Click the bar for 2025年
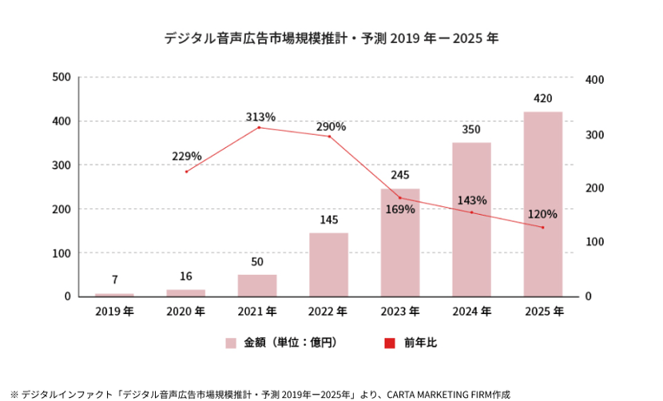coord(542,204)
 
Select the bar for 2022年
coord(329,264)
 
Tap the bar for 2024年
coord(471,220)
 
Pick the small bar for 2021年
coord(257,285)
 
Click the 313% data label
coord(260,117)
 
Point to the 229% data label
coord(187,156)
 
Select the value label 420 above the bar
coord(543,99)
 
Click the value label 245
coord(400,175)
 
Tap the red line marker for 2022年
coord(329,137)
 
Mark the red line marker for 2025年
coord(542,228)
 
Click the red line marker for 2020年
coord(186,172)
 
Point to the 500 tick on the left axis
coord(62,77)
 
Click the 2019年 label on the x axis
coord(115,311)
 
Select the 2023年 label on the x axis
coord(400,311)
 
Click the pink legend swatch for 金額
coord(231,343)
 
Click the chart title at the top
coord(331,38)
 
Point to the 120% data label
coord(542,214)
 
